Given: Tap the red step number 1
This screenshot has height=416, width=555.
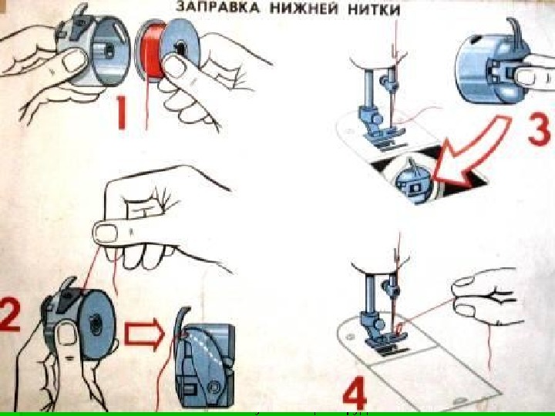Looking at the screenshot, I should (123, 115).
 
